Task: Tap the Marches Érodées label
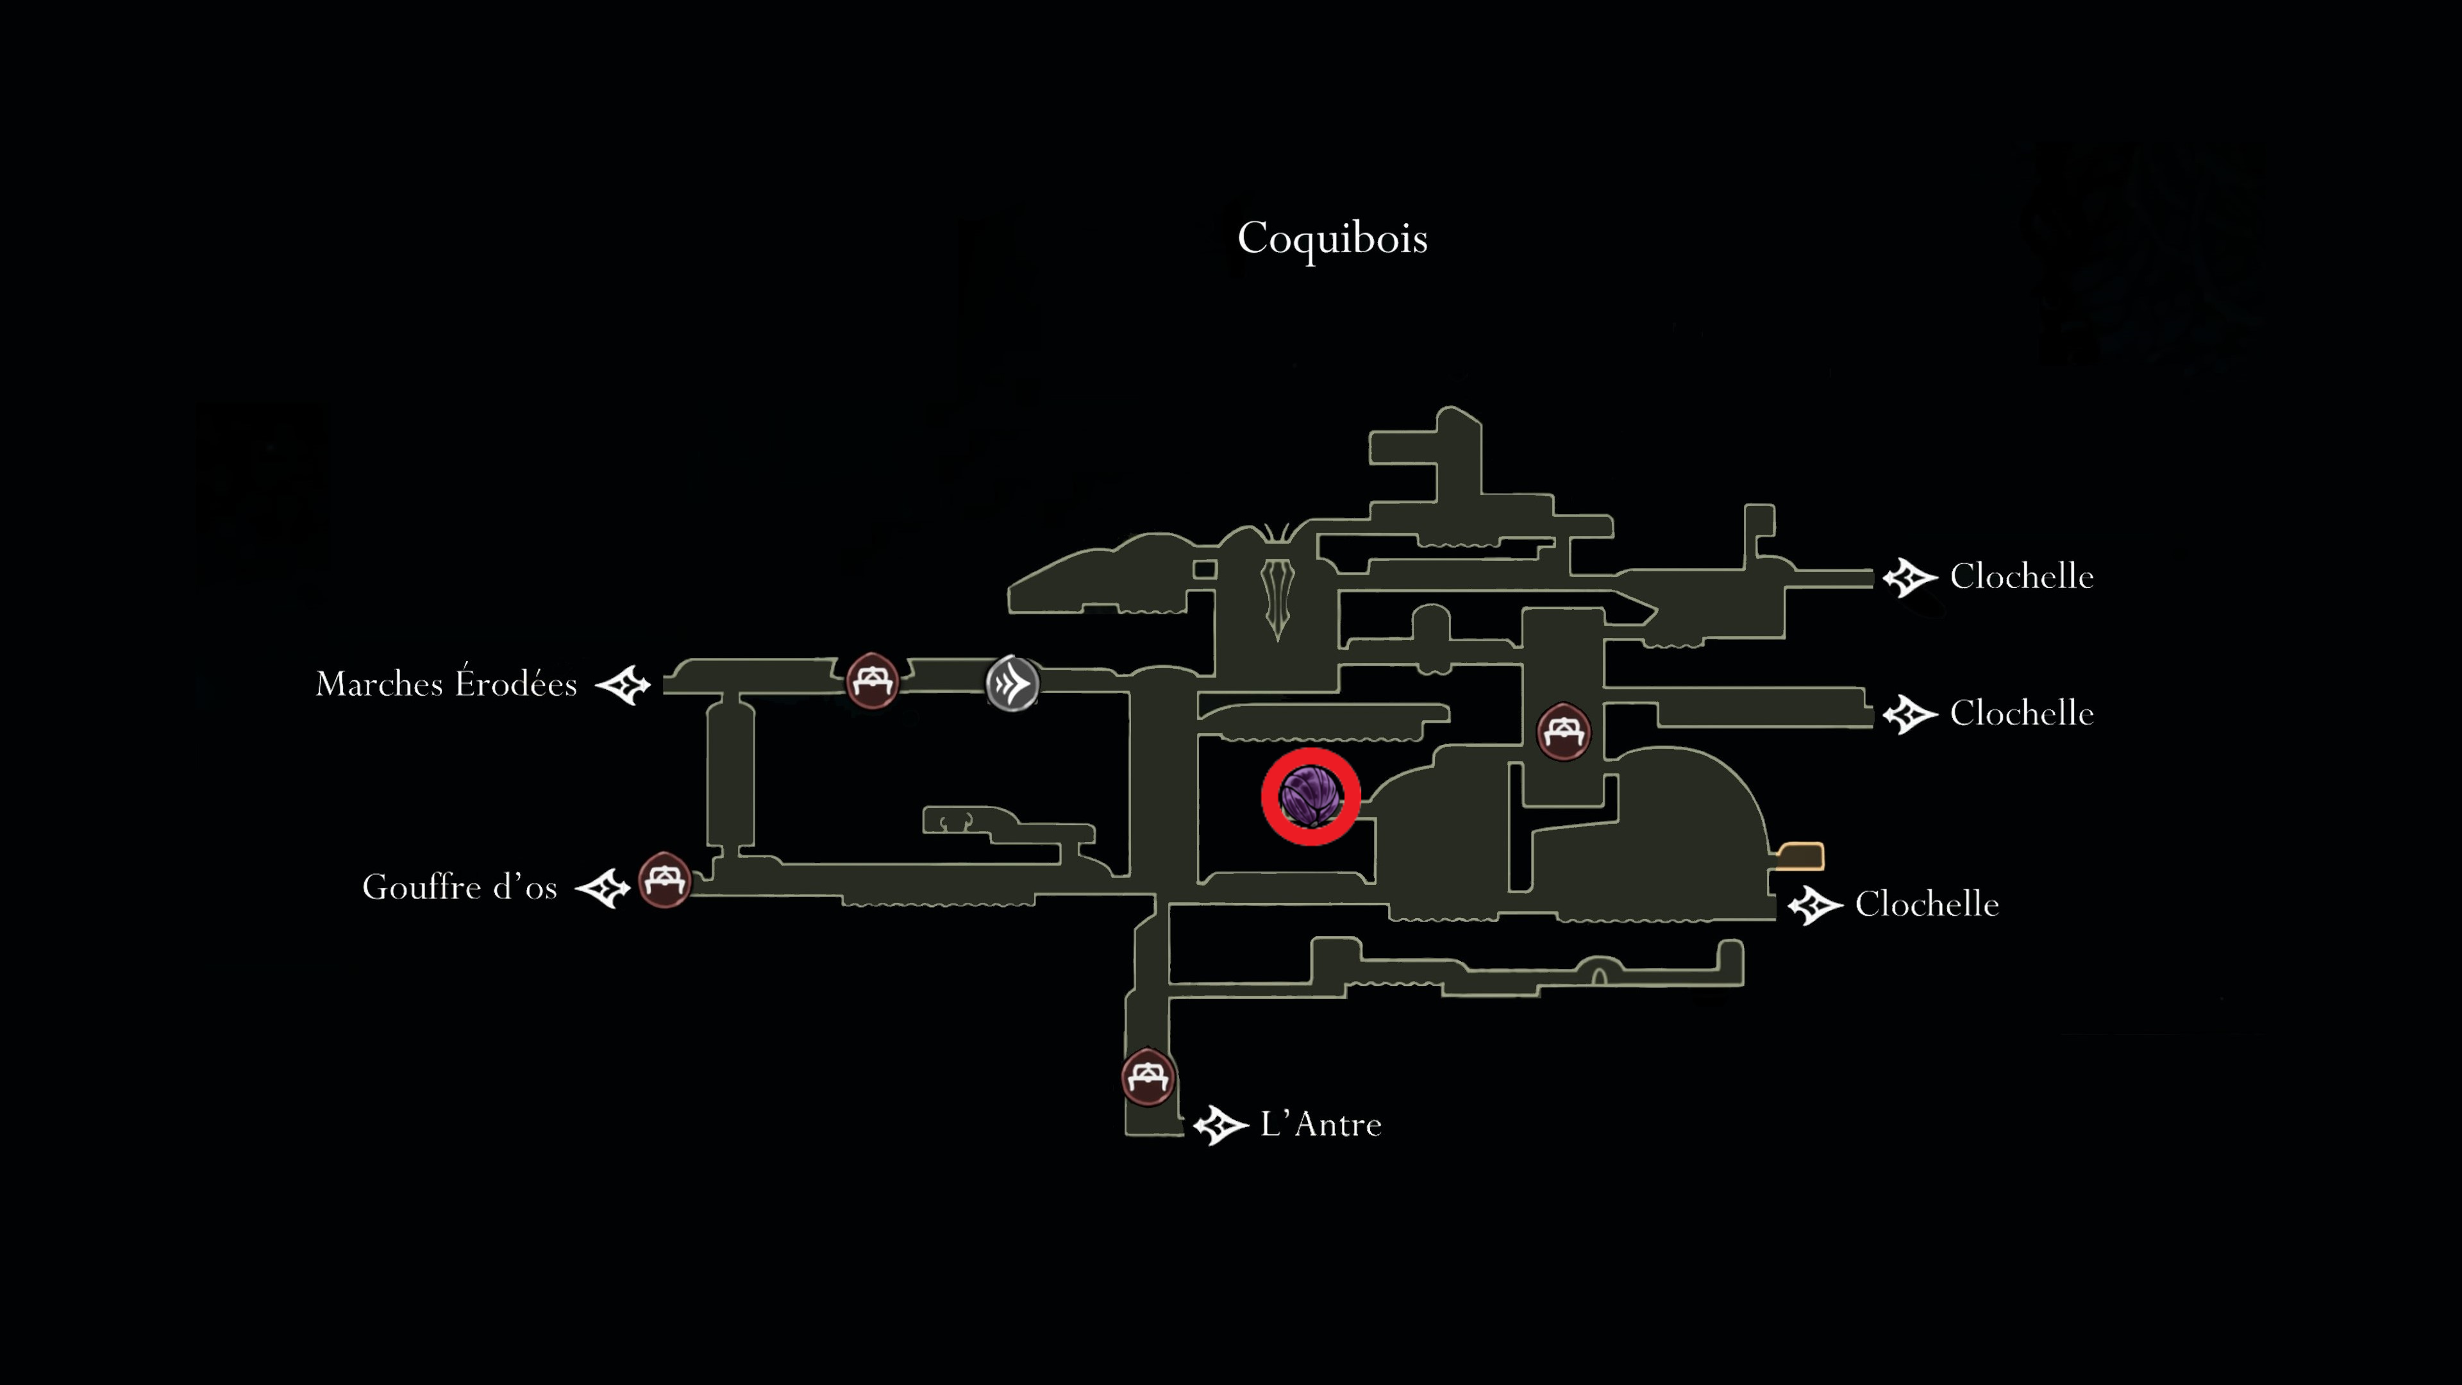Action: coord(446,684)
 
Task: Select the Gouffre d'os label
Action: coord(460,886)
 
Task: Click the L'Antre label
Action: coord(1321,1124)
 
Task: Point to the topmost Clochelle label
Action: coord(2022,576)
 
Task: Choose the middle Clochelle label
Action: coord(2022,713)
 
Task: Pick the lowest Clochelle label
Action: coord(1927,904)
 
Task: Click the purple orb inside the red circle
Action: coord(1311,796)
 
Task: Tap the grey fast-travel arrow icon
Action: coord(1012,682)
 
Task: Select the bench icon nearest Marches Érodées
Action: coord(872,680)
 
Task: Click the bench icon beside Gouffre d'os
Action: coord(664,879)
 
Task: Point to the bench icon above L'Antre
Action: coord(1147,1077)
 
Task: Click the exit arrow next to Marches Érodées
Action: coord(623,684)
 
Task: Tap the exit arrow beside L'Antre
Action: coord(1221,1125)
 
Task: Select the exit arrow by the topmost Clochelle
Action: coord(1909,577)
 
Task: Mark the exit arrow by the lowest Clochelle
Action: coord(1815,905)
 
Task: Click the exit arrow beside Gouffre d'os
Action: coord(602,888)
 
